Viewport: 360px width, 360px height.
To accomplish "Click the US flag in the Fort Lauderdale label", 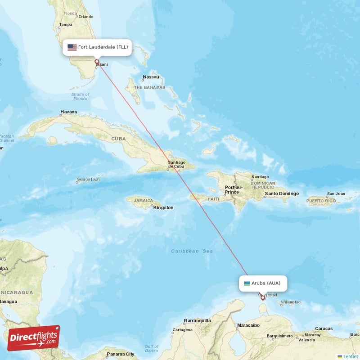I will tap(72, 47).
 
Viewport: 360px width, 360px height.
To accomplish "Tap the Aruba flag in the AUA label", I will tap(247, 283).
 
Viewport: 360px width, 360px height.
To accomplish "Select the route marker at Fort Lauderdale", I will tap(96, 62).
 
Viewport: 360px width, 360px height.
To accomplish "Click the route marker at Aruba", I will tap(263, 297).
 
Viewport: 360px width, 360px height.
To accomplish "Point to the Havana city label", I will tap(68, 112).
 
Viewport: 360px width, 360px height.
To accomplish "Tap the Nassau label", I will tap(151, 77).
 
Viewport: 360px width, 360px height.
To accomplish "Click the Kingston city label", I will tap(163, 207).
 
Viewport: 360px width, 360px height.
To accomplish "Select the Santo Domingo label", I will tap(282, 193).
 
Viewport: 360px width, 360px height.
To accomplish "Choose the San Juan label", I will tap(336, 194).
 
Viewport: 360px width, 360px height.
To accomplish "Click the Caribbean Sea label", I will tap(192, 251).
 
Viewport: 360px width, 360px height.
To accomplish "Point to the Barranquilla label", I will tap(197, 321).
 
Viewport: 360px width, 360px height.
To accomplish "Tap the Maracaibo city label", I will tap(248, 324).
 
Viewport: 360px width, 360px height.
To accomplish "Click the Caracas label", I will tap(324, 328).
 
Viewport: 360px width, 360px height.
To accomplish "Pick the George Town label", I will tap(88, 180).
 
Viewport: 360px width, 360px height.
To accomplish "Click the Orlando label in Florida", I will tap(85, 17).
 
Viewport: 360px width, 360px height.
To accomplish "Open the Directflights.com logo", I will tap(34, 337).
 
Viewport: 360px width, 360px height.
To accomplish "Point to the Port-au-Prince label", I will tap(234, 189).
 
